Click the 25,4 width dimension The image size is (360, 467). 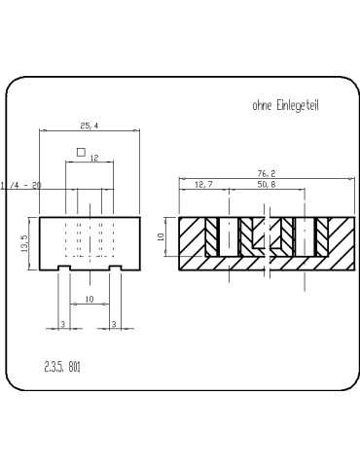tap(89, 126)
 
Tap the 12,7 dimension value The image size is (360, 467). tap(203, 184)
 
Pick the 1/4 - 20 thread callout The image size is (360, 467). tap(22, 185)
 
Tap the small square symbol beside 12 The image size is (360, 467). tap(80, 152)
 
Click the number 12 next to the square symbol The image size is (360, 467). tap(94, 157)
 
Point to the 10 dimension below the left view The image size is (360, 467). tap(89, 300)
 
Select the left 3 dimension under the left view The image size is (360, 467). tap(62, 323)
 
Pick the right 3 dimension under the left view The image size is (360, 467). tap(114, 323)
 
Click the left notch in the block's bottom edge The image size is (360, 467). tap(63, 267)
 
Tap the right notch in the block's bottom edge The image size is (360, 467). tap(114, 267)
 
